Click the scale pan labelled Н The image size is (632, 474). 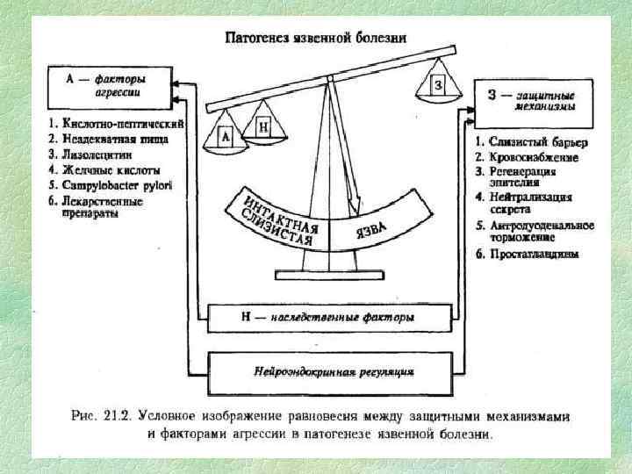(263, 128)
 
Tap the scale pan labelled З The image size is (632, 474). (439, 85)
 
